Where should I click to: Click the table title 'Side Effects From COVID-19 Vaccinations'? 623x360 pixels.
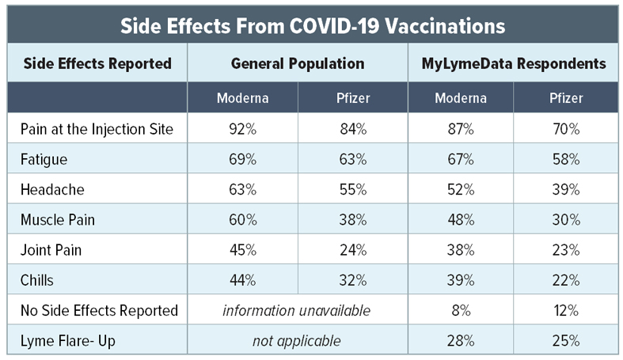point(312,25)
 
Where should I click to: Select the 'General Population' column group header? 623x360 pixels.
point(298,63)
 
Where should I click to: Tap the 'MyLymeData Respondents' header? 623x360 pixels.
point(512,63)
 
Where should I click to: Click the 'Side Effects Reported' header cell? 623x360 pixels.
point(97,63)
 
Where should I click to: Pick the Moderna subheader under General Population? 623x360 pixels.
point(242,98)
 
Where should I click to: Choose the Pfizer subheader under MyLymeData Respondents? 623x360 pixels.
point(565,98)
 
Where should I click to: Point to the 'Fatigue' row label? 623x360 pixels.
point(44,159)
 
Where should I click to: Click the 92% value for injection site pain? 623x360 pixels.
point(242,129)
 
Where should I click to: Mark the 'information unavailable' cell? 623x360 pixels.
point(296,310)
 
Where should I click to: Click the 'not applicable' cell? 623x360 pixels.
point(296,341)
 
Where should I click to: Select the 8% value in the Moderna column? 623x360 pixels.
point(460,310)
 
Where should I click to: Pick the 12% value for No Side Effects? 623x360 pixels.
point(565,310)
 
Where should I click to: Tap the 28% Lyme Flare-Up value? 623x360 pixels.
point(460,341)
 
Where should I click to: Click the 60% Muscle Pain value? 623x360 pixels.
point(242,219)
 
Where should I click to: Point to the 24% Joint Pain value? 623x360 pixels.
point(352,250)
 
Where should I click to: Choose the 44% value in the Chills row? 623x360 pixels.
point(242,280)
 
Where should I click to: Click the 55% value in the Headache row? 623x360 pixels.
point(352,189)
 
